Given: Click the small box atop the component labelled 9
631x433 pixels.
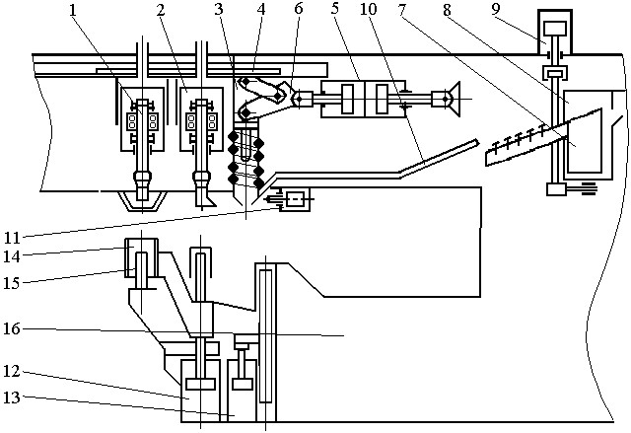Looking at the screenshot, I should tap(554, 27).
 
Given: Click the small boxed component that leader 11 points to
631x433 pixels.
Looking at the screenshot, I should tap(294, 201).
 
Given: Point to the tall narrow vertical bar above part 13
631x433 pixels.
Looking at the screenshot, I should tap(263, 332).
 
